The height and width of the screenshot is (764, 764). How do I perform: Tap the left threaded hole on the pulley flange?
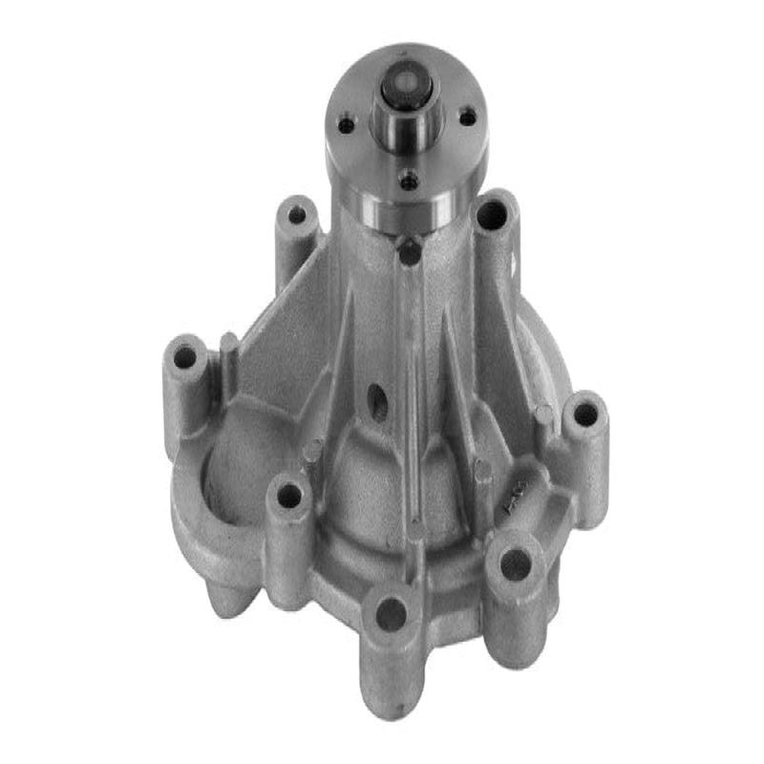347,124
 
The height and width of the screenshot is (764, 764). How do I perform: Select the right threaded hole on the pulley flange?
467,117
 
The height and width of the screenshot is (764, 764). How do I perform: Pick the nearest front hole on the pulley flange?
409,179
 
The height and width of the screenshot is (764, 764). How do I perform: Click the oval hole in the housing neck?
377,402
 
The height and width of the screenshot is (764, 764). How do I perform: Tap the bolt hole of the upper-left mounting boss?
297,215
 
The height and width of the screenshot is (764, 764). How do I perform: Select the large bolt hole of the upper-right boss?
493,215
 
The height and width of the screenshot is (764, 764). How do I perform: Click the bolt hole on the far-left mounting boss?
185,358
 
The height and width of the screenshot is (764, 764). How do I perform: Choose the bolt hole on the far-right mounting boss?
584,414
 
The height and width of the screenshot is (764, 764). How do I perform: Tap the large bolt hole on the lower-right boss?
516,565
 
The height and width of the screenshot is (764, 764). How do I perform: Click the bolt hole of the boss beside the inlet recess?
288,495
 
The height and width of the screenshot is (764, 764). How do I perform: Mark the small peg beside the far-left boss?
228,345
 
